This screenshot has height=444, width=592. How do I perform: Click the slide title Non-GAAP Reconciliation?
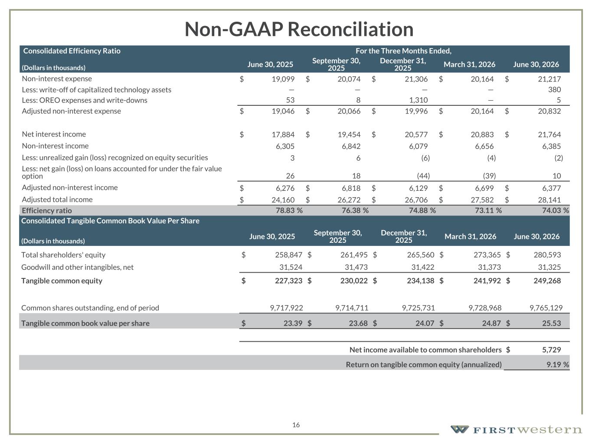(299, 29)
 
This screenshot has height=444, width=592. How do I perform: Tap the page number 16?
(296, 425)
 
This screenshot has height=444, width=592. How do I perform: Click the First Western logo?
(516, 429)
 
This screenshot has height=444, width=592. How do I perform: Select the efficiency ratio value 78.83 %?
(289, 211)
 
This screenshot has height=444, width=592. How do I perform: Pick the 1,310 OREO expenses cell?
(419, 100)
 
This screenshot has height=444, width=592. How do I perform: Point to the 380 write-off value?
(554, 89)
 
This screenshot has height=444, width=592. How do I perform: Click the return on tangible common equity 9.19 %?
(558, 365)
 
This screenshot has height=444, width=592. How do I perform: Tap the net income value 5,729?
(552, 349)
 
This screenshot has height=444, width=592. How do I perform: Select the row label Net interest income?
(54, 134)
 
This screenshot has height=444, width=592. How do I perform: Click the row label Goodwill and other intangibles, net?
(77, 267)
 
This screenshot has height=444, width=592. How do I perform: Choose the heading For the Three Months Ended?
(403, 51)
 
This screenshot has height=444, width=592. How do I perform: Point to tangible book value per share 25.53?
(552, 323)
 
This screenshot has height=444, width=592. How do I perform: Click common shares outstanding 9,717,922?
(286, 308)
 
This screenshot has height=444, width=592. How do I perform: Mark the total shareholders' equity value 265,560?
(421, 255)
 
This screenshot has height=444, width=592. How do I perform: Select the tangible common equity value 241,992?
(487, 281)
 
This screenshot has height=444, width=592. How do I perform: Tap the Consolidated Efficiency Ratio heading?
(72, 51)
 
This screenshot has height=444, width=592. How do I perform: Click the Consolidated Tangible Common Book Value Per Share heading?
(110, 221)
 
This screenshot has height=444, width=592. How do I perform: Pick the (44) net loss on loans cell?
(423, 176)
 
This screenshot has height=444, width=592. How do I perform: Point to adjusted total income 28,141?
(549, 200)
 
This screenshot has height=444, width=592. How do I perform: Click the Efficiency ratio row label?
(47, 211)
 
